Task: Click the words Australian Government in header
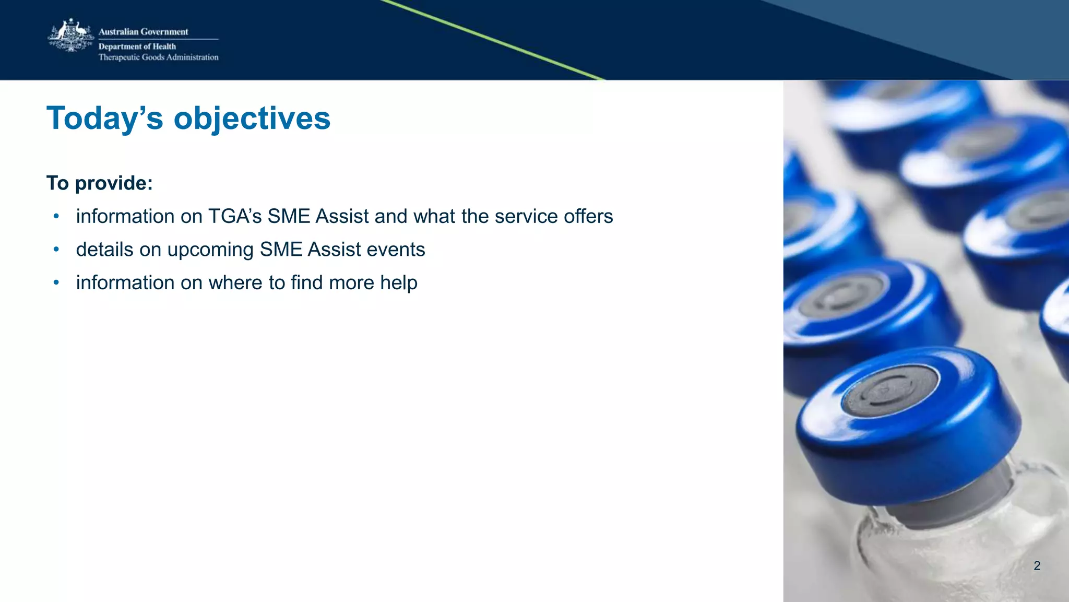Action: [x=143, y=32]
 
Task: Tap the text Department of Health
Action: [x=137, y=46]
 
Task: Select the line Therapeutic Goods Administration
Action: [x=158, y=57]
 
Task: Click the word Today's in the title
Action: [x=105, y=118]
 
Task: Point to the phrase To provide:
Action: [x=99, y=183]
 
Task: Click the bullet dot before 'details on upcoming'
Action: [x=56, y=250]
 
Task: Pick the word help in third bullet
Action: [x=399, y=283]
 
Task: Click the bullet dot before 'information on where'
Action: [x=56, y=283]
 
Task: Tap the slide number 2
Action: [x=1037, y=565]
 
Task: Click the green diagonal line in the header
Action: [x=496, y=41]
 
